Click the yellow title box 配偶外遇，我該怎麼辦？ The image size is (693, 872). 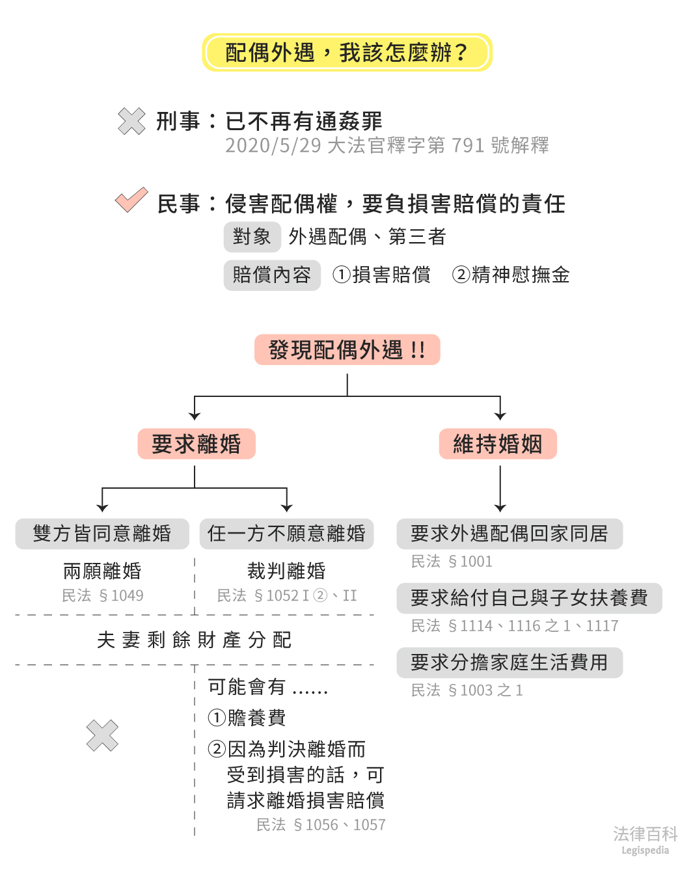coord(347,52)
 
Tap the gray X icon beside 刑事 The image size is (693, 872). coord(131,121)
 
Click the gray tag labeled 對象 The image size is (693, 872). coord(252,236)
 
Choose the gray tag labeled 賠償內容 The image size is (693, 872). coord(271,275)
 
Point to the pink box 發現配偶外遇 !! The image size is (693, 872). coord(347,349)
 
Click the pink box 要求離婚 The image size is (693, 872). coord(196,444)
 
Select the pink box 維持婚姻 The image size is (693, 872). coord(498,444)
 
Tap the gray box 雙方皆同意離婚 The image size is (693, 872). coord(102,534)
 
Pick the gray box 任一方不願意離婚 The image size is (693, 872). coord(286,534)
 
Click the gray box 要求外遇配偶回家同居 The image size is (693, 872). coord(509,534)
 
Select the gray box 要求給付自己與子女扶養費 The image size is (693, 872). coord(528,598)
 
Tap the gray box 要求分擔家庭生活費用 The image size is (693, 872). coord(509,662)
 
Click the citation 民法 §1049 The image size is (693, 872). coord(102,595)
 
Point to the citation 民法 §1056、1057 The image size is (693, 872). coord(321,824)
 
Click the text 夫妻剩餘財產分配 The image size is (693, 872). coord(194,640)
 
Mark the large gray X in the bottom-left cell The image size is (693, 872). coord(102,736)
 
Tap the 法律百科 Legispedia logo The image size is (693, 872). coord(645,839)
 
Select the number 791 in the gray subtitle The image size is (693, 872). coord(468,145)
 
